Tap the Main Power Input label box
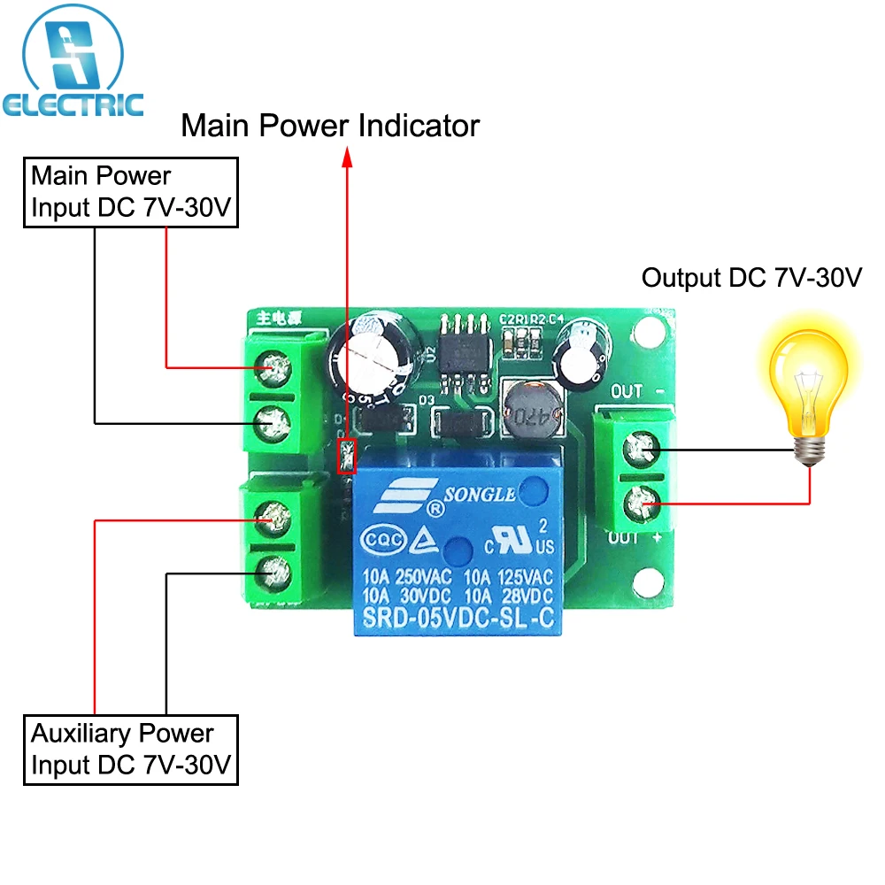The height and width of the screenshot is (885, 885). point(131,192)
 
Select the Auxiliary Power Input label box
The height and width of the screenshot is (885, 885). point(131,749)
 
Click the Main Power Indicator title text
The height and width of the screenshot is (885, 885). point(330,126)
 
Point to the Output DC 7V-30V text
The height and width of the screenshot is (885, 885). point(751,278)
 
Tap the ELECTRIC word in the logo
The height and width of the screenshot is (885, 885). point(73,105)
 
